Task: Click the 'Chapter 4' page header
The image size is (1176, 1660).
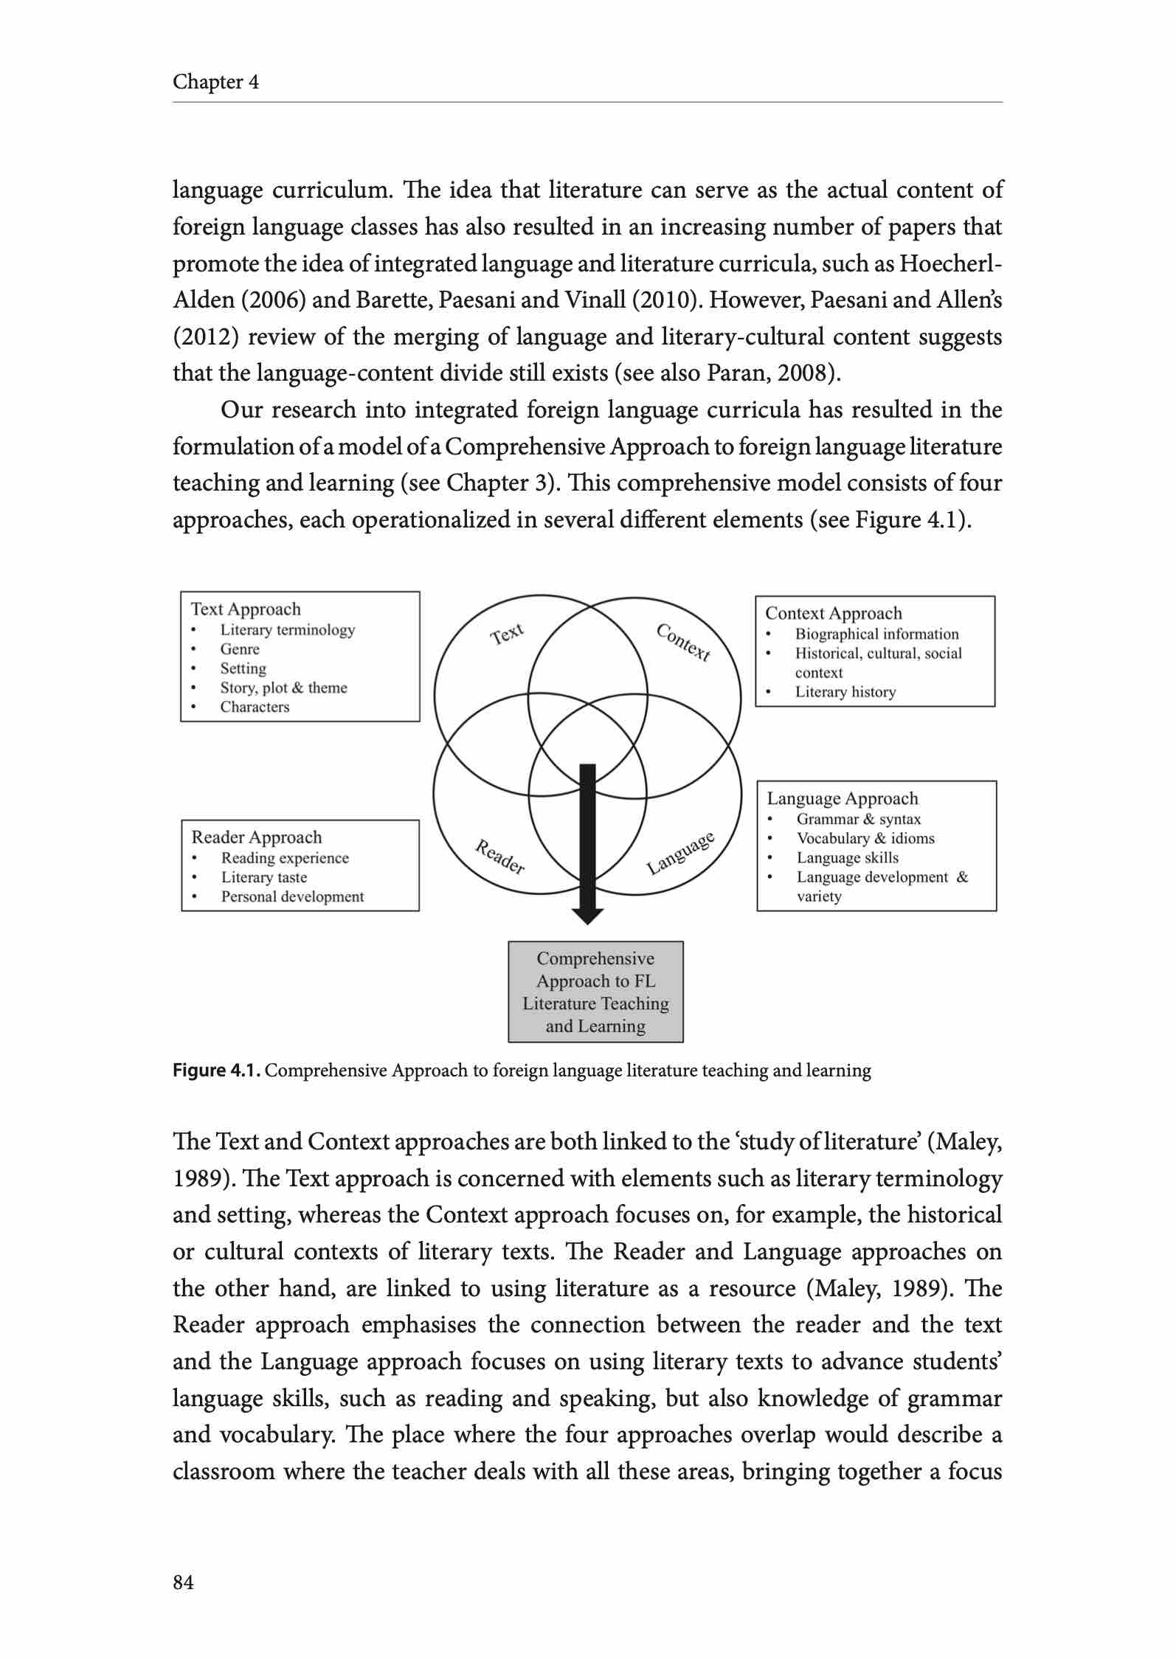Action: click(x=215, y=82)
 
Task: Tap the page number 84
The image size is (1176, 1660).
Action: click(x=183, y=1582)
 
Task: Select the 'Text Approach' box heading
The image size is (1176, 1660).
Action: click(x=246, y=609)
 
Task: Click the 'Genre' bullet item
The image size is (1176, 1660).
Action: click(x=240, y=649)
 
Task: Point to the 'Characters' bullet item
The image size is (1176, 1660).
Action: click(x=255, y=707)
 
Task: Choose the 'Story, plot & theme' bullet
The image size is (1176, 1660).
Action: click(x=283, y=688)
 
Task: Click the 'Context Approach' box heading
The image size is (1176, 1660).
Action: click(x=833, y=613)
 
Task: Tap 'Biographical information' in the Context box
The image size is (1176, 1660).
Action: click(x=876, y=634)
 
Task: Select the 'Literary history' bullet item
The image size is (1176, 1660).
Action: click(x=845, y=692)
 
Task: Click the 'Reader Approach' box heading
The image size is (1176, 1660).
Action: click(x=257, y=837)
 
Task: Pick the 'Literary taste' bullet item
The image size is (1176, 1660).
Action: click(x=263, y=877)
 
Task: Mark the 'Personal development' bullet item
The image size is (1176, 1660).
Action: click(x=292, y=896)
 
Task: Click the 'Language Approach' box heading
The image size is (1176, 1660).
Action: click(x=842, y=798)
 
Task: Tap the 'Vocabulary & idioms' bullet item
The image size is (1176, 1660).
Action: click(x=865, y=838)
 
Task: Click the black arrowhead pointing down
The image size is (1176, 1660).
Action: click(x=587, y=916)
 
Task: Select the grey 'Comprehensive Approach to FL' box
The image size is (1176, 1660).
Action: click(x=595, y=992)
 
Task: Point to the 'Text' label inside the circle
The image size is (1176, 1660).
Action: click(x=508, y=634)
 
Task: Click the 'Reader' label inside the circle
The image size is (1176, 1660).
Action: click(x=499, y=857)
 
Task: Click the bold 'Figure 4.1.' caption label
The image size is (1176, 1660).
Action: click(x=216, y=1071)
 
